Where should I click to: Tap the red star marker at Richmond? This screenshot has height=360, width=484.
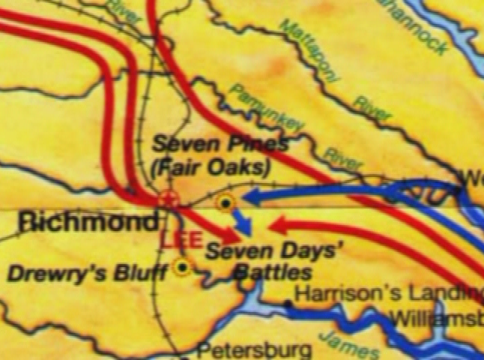pos(169,199)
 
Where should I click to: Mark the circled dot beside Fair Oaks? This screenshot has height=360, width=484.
pos(225,202)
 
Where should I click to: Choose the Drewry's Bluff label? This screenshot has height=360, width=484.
pos(87,273)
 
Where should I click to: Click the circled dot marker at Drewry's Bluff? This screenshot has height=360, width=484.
pos(181,265)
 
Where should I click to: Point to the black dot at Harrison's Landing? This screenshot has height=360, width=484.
pos(288,304)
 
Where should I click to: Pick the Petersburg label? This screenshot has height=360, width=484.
pos(254,349)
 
